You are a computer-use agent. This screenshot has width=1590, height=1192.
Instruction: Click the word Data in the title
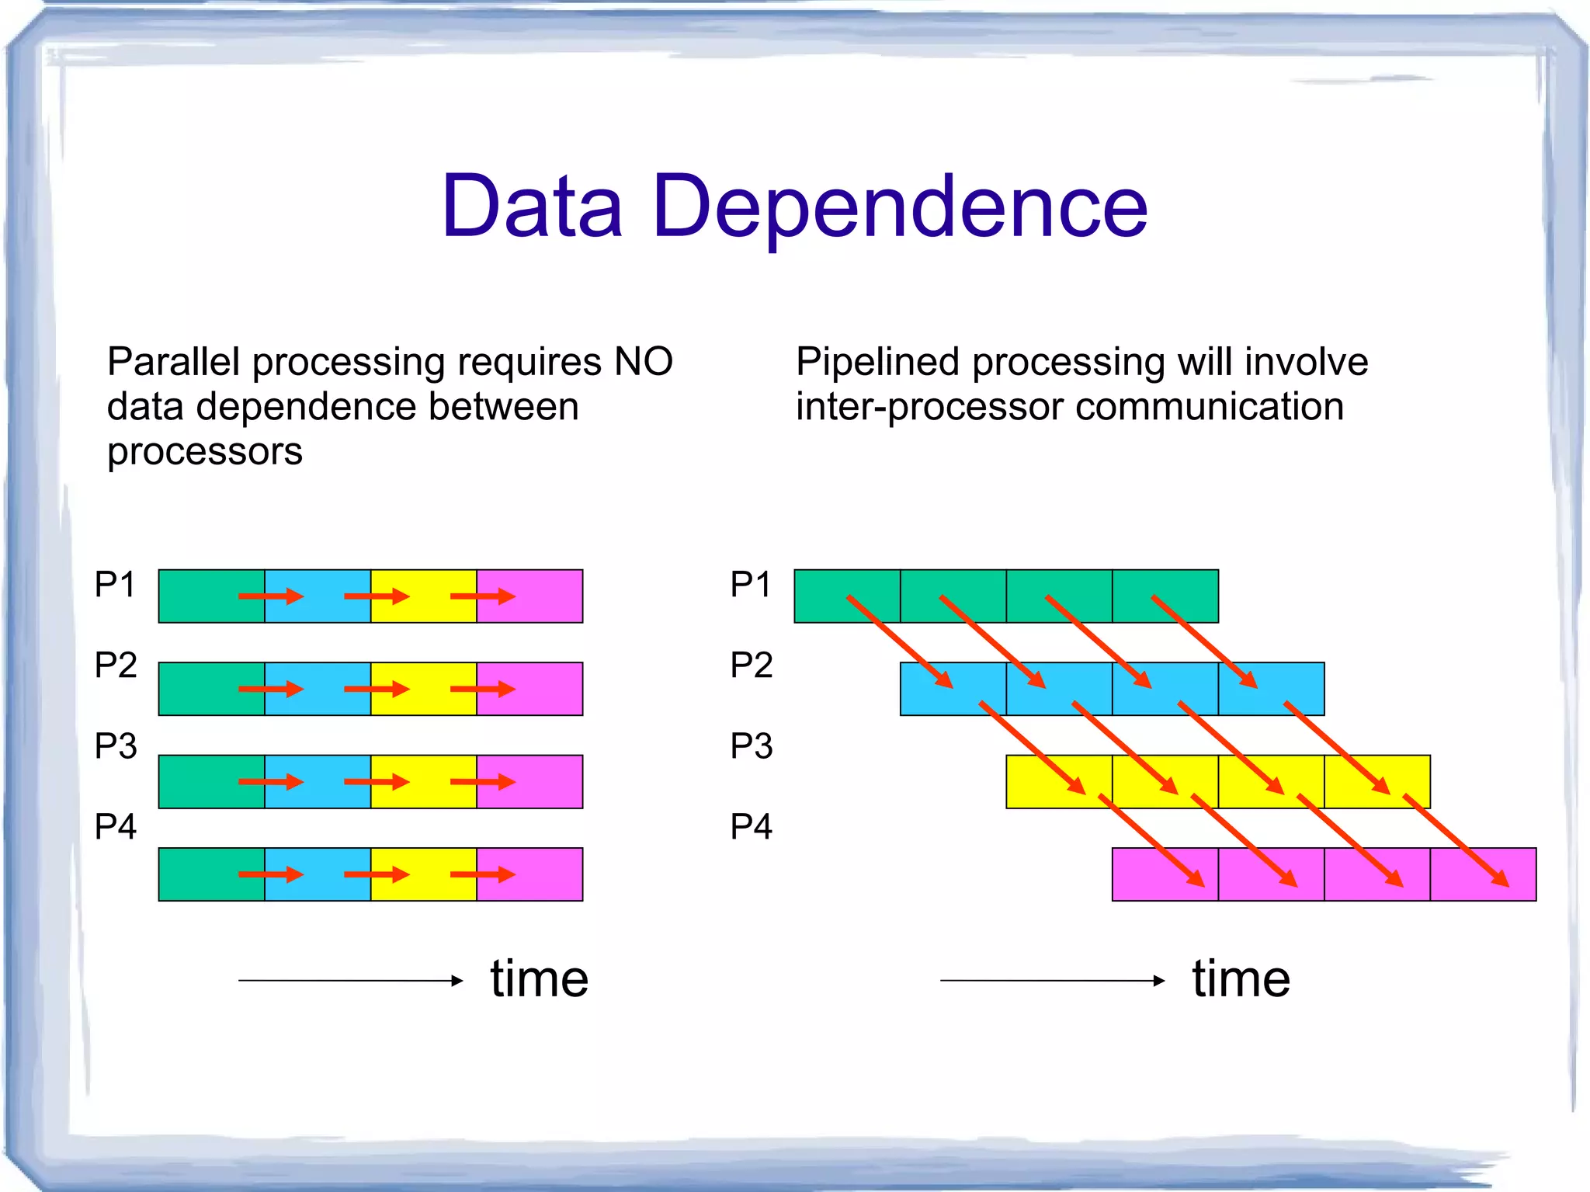(x=533, y=207)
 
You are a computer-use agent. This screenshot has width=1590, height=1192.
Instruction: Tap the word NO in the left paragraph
(x=643, y=362)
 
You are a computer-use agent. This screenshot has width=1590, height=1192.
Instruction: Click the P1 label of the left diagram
(x=115, y=584)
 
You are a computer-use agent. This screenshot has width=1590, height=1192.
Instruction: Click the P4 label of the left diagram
(x=115, y=826)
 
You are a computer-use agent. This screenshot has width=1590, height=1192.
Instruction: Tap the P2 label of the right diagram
(x=751, y=665)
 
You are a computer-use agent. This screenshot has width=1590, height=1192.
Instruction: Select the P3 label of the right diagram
(x=751, y=745)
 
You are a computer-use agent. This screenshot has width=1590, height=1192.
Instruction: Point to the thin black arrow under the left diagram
(x=349, y=981)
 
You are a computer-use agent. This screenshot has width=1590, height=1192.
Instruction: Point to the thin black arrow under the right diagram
(x=1051, y=981)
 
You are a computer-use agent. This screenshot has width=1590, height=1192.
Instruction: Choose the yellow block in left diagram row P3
(x=423, y=781)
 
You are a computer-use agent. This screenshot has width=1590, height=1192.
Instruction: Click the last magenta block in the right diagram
(x=1482, y=874)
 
